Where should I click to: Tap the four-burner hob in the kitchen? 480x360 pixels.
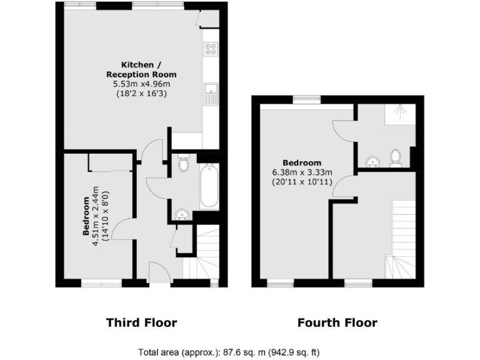(x=211, y=49)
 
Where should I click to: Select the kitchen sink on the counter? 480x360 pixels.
(x=211, y=94)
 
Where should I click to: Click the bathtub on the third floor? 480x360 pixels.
(x=209, y=186)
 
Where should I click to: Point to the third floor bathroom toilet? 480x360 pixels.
(x=183, y=164)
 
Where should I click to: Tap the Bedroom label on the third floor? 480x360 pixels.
(x=86, y=216)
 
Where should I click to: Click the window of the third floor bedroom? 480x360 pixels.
(x=102, y=283)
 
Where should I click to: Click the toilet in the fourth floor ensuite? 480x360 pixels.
(x=395, y=157)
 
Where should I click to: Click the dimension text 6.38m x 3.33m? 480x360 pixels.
(x=301, y=172)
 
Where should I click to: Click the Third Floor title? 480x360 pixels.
(x=141, y=322)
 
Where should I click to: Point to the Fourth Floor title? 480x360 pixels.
(x=337, y=322)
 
